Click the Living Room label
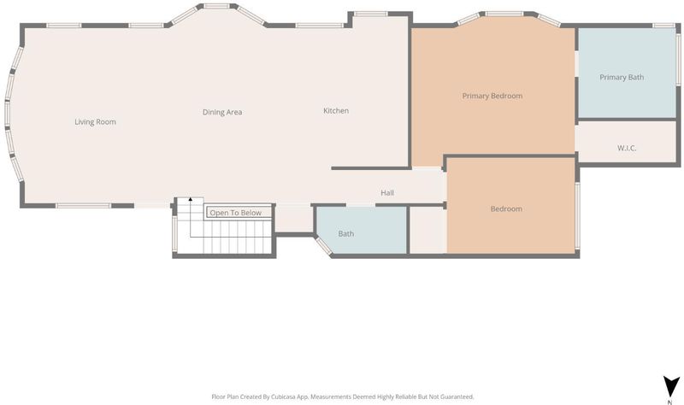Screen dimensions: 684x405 tap(95, 122)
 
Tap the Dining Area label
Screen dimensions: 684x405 tap(222, 112)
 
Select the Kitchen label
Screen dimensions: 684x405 tap(336, 111)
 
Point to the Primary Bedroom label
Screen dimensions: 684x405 tap(492, 96)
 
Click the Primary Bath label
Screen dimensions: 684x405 tap(622, 77)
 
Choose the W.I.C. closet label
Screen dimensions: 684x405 tap(627, 148)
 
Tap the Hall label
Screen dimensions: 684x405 tap(387, 193)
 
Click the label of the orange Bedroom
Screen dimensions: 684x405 tap(506, 208)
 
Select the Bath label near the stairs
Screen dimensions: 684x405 tap(346, 233)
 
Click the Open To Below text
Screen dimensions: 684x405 tap(236, 213)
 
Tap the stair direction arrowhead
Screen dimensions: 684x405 tap(190, 199)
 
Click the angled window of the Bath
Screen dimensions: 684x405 tap(324, 245)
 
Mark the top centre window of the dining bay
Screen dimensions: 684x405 tap(217, 6)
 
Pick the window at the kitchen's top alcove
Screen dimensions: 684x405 tap(370, 14)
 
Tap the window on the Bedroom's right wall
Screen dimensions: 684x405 tap(578, 215)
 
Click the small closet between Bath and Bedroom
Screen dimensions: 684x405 tap(427, 230)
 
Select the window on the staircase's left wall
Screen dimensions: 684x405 tap(175, 234)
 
